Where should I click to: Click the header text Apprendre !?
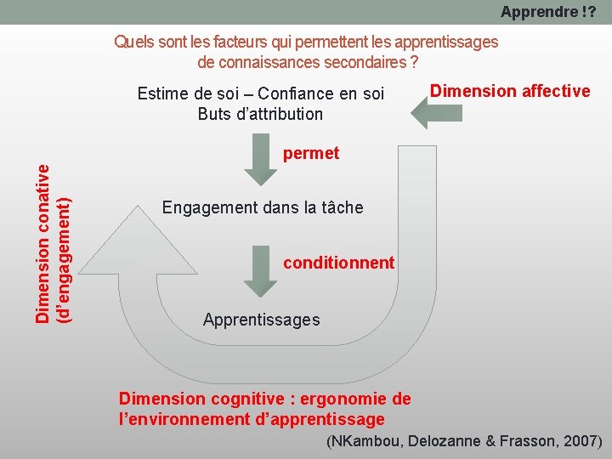547,12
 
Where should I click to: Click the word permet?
311,154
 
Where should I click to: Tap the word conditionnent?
339,263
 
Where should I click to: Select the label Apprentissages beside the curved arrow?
262,320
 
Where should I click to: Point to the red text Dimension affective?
510,91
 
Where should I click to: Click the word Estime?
161,93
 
